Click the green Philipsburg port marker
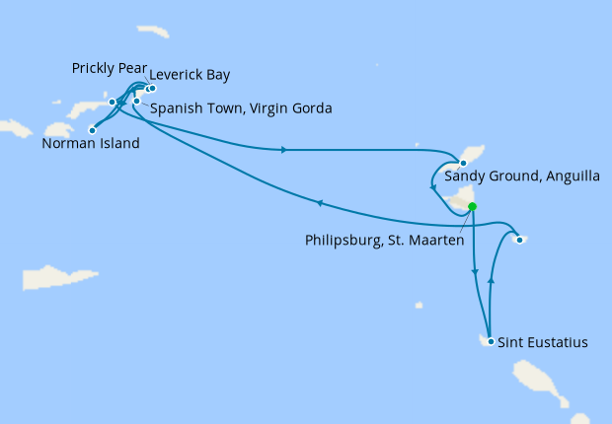[x=472, y=206]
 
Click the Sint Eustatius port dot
[x=491, y=342]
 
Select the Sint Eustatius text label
[x=543, y=343]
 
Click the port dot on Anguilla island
[x=463, y=162]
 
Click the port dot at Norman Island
[x=92, y=128]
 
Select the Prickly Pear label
[x=108, y=68]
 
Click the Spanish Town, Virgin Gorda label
[x=241, y=108]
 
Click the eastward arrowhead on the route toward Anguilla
[x=284, y=150]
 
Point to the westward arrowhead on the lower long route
[x=319, y=203]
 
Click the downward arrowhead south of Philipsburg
[x=475, y=272]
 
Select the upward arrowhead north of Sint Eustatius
[x=492, y=282]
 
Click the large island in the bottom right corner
[x=537, y=381]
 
